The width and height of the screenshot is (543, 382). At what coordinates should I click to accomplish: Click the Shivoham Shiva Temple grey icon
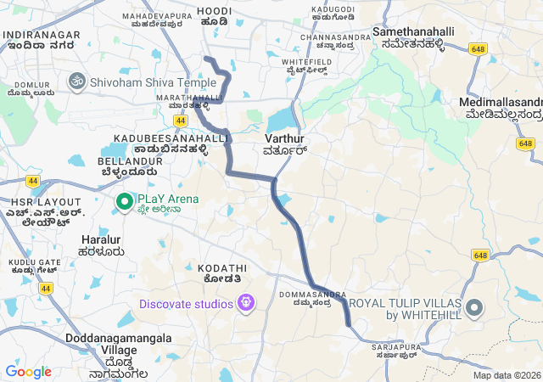[76, 82]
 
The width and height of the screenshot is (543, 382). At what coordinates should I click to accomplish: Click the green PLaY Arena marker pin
[123, 201]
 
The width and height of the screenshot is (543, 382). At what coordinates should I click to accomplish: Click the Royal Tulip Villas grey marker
[473, 307]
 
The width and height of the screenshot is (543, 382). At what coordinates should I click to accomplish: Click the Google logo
[28, 372]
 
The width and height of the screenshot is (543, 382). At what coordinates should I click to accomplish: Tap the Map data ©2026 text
[507, 375]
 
